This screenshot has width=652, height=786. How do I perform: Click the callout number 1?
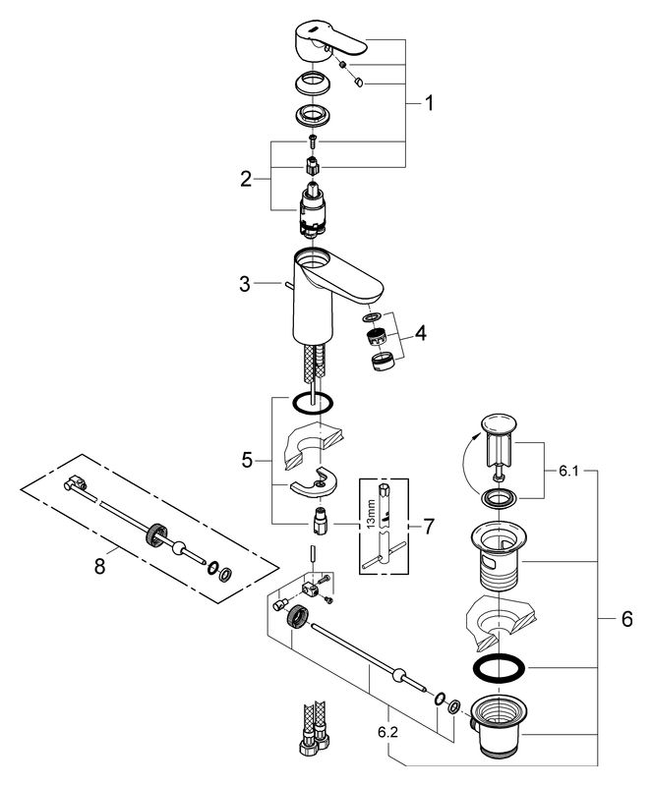(429, 103)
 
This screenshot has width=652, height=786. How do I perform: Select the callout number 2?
(246, 179)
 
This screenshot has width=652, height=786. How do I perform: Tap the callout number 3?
(245, 284)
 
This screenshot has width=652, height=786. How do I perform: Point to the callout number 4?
(421, 332)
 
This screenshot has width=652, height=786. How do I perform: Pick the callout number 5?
(247, 460)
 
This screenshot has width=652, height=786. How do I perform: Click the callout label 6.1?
(568, 472)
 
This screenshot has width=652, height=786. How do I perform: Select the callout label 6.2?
(388, 732)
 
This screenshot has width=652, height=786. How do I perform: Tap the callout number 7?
(428, 527)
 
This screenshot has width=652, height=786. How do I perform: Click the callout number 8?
(100, 567)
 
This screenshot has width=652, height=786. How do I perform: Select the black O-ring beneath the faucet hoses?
(312, 402)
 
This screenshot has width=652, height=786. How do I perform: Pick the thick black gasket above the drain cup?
(499, 668)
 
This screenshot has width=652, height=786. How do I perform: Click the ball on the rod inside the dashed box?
(178, 548)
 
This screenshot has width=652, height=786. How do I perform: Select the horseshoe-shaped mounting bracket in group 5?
(313, 482)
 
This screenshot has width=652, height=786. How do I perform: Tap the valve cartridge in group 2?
(312, 209)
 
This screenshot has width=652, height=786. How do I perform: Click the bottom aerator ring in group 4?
(382, 362)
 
